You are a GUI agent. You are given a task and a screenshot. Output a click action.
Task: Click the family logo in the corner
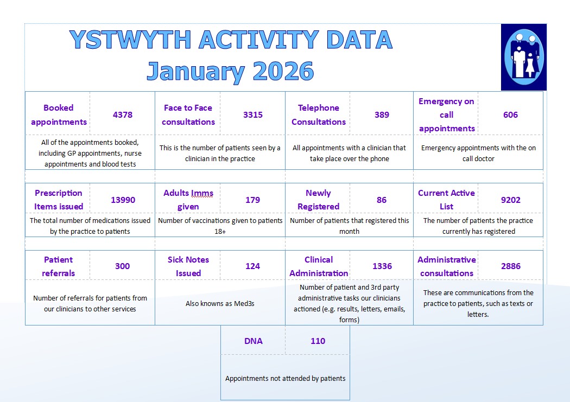[x=523, y=56]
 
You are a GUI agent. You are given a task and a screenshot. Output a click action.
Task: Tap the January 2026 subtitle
[x=230, y=72]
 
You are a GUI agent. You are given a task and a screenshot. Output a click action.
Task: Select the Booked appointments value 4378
[x=123, y=115]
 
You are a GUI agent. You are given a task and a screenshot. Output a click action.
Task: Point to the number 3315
[x=253, y=115]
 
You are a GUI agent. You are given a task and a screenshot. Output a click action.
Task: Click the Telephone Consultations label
[x=319, y=115]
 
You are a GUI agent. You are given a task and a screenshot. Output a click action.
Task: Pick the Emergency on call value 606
[x=510, y=115]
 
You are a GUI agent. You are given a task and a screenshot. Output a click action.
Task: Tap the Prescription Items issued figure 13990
[x=123, y=200]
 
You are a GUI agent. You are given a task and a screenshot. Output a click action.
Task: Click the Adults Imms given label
[x=188, y=200]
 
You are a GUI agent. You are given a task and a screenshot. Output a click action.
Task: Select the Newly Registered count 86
[x=382, y=200]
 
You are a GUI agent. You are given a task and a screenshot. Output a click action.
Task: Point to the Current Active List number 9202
[x=510, y=200]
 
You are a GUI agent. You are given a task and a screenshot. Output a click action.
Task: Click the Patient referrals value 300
[x=123, y=266]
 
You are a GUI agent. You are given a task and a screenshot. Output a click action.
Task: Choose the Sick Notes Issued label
[x=188, y=266]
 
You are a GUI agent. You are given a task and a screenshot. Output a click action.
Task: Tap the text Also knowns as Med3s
[x=220, y=304]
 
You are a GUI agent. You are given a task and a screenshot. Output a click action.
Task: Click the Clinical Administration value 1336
[x=382, y=266]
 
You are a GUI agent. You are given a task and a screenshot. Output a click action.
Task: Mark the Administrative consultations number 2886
[x=510, y=266]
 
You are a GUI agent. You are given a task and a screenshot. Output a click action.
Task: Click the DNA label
[x=254, y=341]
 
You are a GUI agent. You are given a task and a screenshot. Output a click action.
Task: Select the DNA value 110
[x=318, y=341]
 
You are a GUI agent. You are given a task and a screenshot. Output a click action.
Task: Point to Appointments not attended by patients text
[x=285, y=379]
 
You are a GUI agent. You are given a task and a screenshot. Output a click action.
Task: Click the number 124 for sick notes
[x=253, y=266]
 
